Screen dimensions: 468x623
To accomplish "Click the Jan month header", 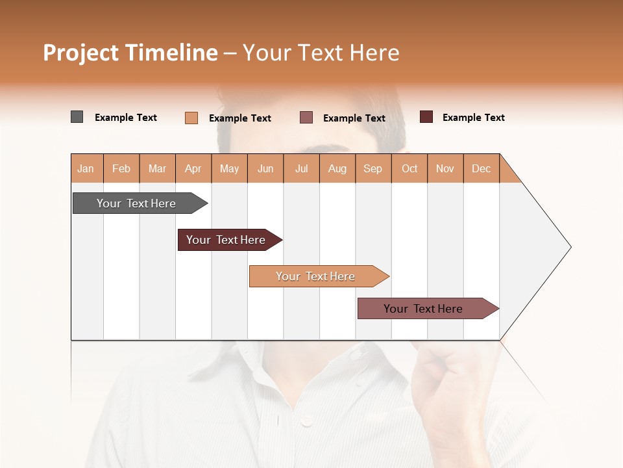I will (86, 168).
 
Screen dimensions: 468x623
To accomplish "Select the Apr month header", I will (193, 168).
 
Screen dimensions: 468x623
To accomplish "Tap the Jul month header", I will (301, 168).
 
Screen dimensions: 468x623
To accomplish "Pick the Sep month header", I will (373, 168).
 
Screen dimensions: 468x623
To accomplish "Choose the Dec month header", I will (481, 168).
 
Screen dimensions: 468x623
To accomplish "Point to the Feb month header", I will (121, 168).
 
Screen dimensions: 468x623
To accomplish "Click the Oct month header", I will (409, 168).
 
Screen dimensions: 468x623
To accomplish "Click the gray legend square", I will (77, 117).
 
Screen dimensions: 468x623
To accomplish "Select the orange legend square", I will (191, 118).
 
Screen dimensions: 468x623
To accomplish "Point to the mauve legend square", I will (306, 118).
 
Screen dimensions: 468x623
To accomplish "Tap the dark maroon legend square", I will (426, 117).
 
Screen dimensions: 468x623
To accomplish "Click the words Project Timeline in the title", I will (130, 53).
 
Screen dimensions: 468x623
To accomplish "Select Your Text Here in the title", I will (321, 53).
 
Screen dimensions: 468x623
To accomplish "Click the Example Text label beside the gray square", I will (126, 118).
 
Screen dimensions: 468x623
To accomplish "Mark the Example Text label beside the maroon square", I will (474, 118).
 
